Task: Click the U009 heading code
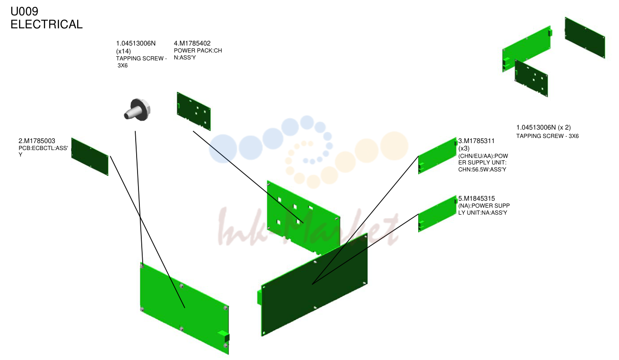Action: pos(24,11)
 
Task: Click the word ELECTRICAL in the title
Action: pos(46,24)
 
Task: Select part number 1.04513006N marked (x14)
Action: pos(136,43)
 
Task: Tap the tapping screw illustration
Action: pos(137,110)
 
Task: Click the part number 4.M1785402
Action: pos(192,43)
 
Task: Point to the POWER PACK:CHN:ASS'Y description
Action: pos(198,54)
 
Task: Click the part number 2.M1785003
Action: pos(37,141)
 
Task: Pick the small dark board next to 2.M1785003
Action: pos(90,157)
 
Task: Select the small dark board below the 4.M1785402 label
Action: pos(194,111)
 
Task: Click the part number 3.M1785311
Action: pos(476,141)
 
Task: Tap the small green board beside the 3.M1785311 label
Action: pos(437,156)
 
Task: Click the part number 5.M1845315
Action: pos(476,198)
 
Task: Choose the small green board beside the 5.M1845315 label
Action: pos(437,214)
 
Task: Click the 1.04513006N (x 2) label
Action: pos(544,127)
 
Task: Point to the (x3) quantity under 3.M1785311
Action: pos(464,148)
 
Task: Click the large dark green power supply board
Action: pos(314,285)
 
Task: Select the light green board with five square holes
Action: pos(303,217)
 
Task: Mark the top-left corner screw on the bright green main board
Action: pos(142,266)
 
